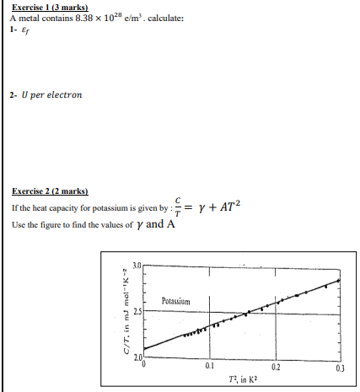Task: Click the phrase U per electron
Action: point(52,95)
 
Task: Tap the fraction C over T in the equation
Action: point(176,207)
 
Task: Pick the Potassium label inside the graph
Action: point(176,300)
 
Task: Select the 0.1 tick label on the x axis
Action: point(209,368)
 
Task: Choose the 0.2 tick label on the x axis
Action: point(275,368)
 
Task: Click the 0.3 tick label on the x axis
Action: point(340,368)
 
